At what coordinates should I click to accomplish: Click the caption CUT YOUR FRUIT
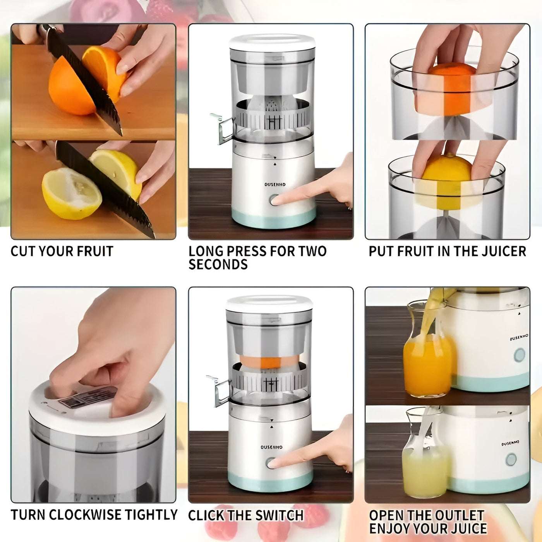62,251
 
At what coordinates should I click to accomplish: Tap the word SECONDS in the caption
218,265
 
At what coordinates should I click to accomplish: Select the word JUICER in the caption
504,251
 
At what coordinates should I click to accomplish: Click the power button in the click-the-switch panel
271,463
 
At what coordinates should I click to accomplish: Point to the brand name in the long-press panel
275,185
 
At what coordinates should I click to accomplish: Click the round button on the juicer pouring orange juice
519,354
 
